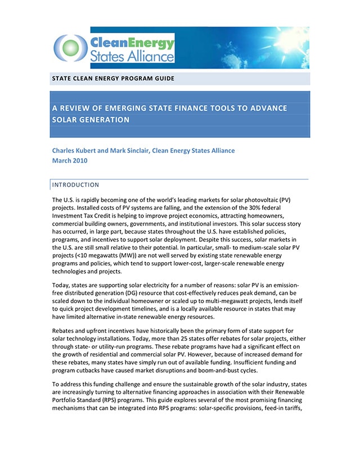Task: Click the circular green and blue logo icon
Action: click(x=70, y=47)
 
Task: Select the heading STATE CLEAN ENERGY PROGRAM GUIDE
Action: click(x=112, y=79)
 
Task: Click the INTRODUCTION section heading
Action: click(x=75, y=184)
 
